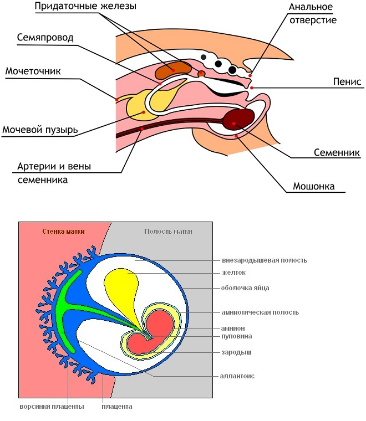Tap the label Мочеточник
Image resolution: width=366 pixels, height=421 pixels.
pyautogui.click(x=33, y=71)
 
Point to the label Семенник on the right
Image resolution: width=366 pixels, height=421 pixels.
pyautogui.click(x=337, y=152)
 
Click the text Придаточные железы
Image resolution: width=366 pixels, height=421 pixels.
pyautogui.click(x=85, y=6)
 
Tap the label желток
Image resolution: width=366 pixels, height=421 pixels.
pyautogui.click(x=233, y=273)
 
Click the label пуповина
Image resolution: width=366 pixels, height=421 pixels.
pyautogui.click(x=237, y=336)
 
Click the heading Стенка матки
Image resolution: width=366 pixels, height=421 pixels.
pyautogui.click(x=63, y=232)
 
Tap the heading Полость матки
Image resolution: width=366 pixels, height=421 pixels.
pyautogui.click(x=168, y=232)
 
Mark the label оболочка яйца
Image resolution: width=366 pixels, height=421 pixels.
pyautogui.click(x=246, y=288)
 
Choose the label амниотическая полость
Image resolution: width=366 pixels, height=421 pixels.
pyautogui.click(x=260, y=312)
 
